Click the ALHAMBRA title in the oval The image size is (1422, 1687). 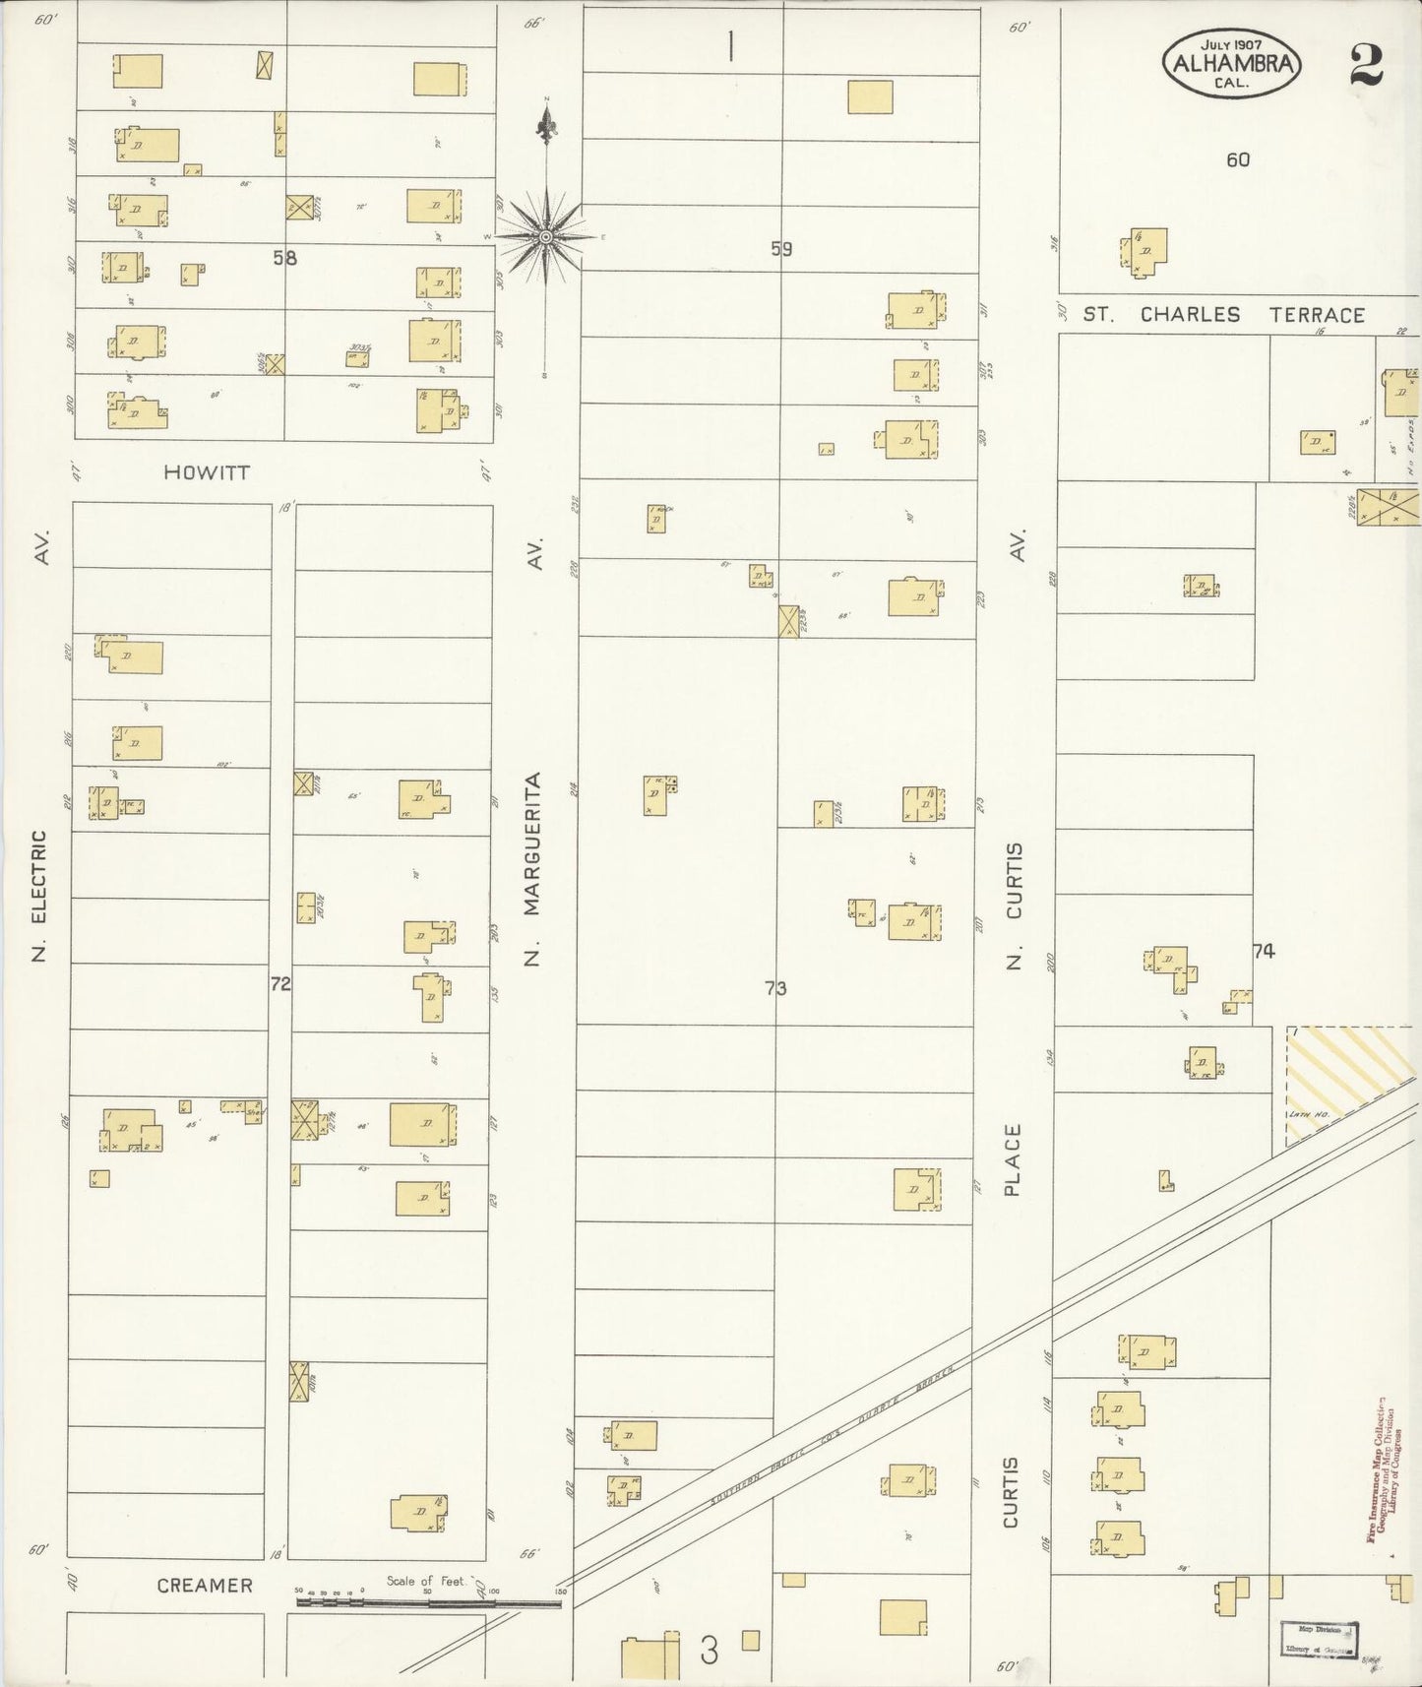point(1234,63)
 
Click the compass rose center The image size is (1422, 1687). point(545,236)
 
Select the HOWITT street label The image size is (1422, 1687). point(207,472)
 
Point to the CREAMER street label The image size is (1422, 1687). point(206,1586)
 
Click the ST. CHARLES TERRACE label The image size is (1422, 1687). point(1223,315)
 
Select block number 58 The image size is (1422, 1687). point(284,259)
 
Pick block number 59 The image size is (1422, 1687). point(781,250)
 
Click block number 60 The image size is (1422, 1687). point(1238,159)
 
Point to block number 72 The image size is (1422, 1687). point(280,983)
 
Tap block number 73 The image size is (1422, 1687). point(775,988)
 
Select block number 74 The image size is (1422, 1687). point(1264,952)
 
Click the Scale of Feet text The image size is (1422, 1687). point(425,1581)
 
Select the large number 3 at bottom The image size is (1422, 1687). point(709,1651)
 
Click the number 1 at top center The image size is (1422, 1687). point(730,46)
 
